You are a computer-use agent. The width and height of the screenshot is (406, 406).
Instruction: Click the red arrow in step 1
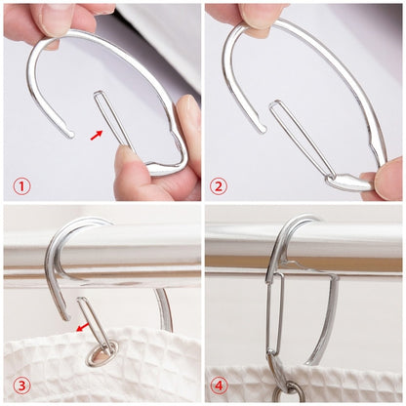(96, 133)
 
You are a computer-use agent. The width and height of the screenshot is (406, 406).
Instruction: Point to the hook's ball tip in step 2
(263, 127)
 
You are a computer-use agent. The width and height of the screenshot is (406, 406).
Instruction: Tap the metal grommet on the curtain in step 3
(97, 352)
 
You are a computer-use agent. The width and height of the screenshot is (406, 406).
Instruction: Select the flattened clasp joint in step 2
(345, 181)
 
